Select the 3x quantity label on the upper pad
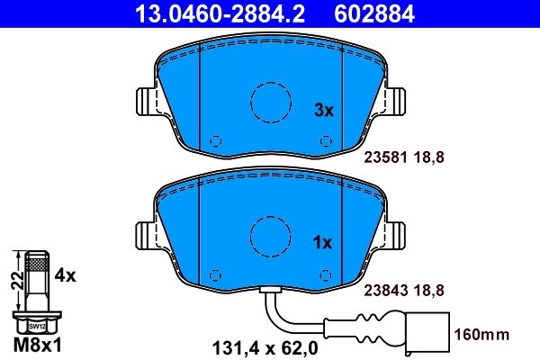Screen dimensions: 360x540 click(x=323, y=111)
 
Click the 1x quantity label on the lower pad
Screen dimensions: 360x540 click(x=323, y=242)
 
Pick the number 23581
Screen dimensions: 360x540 click(x=385, y=157)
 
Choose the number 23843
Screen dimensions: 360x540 click(x=385, y=289)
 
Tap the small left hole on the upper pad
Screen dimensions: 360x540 click(x=214, y=141)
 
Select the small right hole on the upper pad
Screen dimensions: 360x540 click(x=325, y=141)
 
